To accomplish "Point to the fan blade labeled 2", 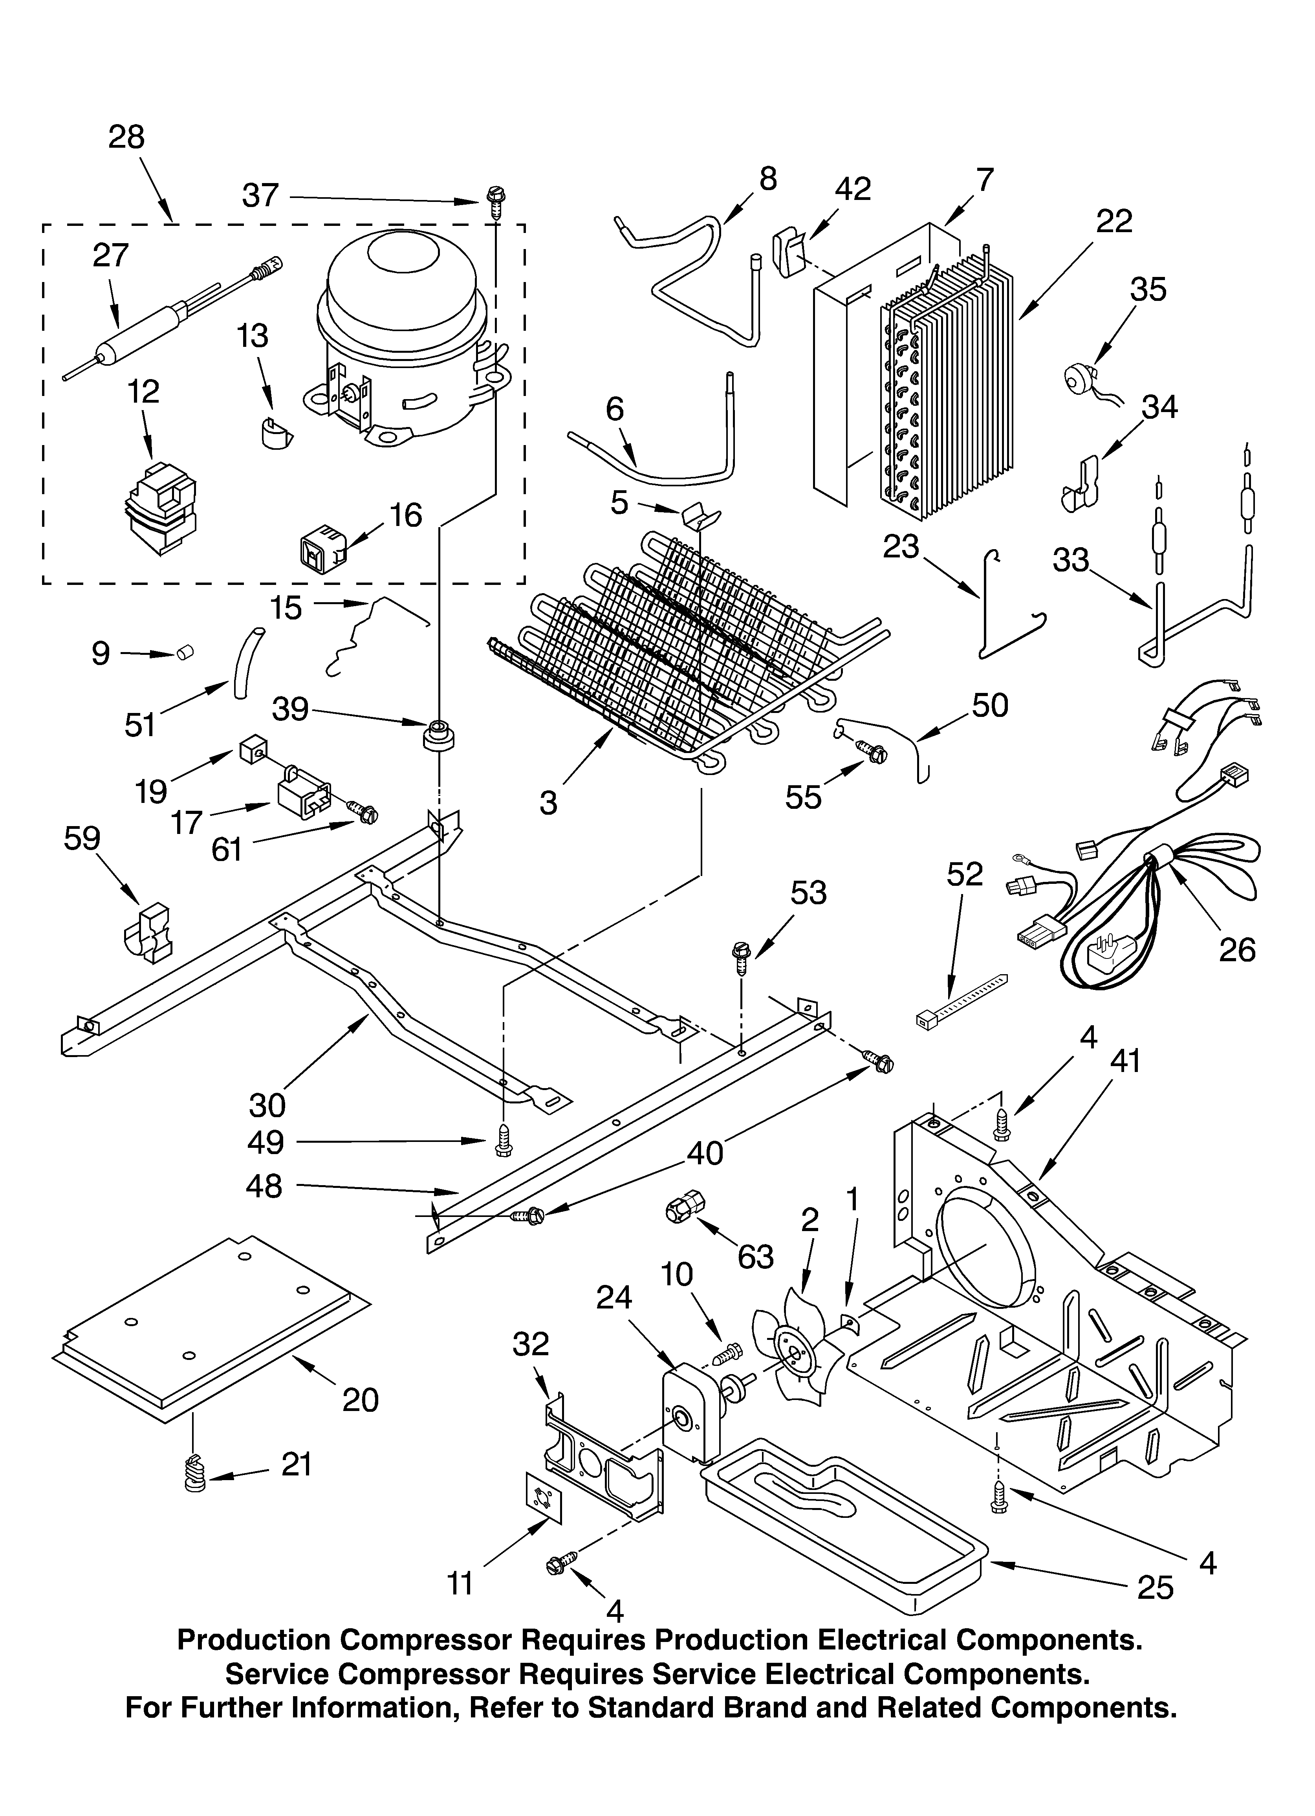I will (x=793, y=1353).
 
